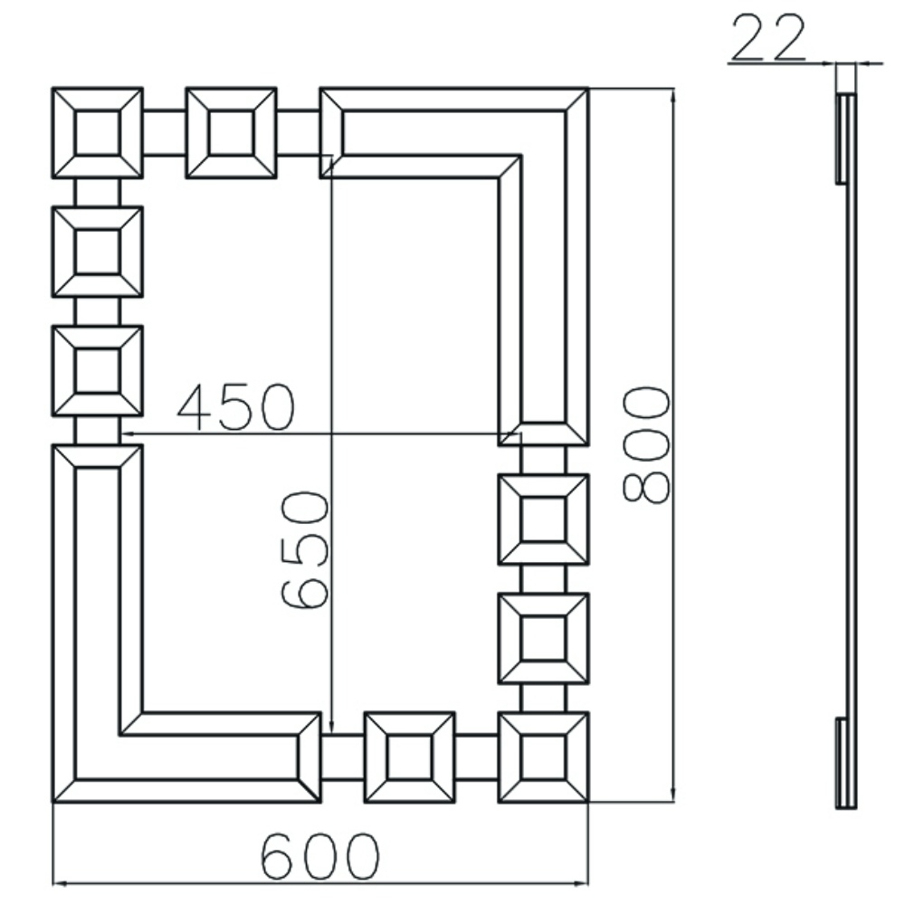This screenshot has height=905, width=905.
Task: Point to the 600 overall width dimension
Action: point(319,854)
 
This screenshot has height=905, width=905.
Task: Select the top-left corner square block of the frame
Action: point(97,133)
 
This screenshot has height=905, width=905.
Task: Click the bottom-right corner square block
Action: point(544,757)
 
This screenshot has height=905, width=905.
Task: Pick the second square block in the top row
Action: point(231,133)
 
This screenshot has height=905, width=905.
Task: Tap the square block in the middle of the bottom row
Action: point(410,757)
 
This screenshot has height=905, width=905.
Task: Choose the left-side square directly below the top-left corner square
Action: point(97,252)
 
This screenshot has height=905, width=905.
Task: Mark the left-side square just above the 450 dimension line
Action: point(97,371)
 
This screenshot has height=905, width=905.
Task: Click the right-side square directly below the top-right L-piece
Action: point(544,519)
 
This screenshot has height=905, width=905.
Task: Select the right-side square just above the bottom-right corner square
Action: point(544,638)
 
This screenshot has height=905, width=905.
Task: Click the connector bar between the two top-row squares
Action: point(164,133)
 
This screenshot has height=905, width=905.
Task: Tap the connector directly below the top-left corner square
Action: point(97,192)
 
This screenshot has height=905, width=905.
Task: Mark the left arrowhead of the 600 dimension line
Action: point(58,882)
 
